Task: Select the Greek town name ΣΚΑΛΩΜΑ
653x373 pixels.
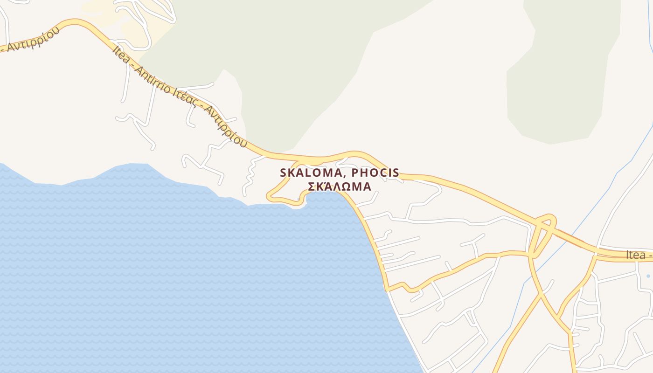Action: (340, 186)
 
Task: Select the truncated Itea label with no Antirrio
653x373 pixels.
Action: (639, 255)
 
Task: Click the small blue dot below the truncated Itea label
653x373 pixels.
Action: (648, 276)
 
